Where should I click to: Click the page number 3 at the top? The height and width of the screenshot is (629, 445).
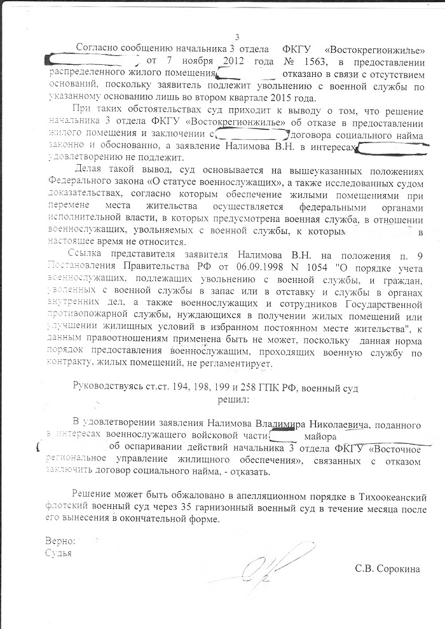[237, 37]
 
